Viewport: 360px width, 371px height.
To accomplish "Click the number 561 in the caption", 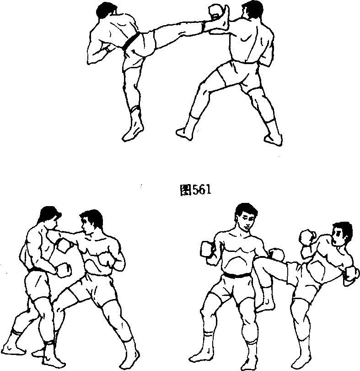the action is pos(201,190).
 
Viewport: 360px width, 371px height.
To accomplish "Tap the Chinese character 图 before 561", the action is pos(186,190).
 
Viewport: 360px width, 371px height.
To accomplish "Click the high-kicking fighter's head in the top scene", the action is pos(107,10).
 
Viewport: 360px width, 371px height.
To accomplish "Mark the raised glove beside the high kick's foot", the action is pos(215,11).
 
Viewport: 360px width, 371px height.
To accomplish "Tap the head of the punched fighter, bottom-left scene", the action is pos(50,217).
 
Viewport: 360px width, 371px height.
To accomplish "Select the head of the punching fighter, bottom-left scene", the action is pos(91,221).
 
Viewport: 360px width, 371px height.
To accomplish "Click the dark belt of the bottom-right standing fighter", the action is pos(237,275).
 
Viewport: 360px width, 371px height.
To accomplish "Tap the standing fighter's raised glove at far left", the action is pos(207,249).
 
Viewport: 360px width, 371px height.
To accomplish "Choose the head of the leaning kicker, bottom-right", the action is pos(342,234).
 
